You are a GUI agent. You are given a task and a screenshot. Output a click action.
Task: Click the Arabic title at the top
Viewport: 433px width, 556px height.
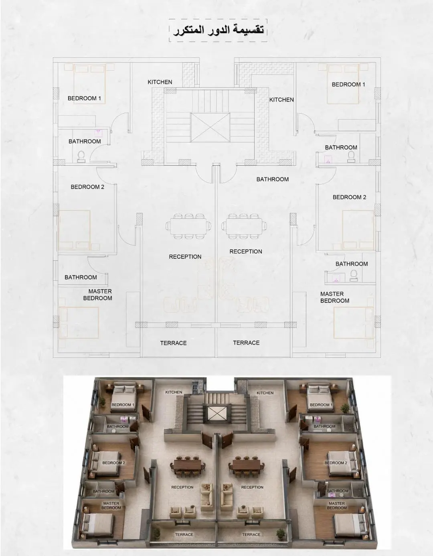pos(218,30)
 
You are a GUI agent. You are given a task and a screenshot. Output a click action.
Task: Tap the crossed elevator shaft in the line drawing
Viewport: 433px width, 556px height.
pos(210,127)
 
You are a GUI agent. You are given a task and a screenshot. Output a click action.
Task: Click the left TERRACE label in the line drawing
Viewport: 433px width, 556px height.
pos(173,343)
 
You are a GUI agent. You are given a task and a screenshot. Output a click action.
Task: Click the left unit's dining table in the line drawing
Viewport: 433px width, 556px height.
pos(189,226)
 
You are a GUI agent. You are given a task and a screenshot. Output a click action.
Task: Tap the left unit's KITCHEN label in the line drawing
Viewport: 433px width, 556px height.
pos(160,82)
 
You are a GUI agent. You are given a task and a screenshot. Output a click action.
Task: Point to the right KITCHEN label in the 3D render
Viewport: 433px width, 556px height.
pos(265,393)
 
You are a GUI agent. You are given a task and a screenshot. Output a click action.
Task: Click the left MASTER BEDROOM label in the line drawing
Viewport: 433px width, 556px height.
pos(98,294)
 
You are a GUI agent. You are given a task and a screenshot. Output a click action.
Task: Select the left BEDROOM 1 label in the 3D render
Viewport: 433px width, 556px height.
pos(123,405)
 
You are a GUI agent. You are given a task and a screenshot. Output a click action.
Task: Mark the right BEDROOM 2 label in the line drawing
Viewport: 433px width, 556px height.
pos(349,197)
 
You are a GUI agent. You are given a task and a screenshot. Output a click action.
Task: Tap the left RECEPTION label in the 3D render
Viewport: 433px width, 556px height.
pos(182,487)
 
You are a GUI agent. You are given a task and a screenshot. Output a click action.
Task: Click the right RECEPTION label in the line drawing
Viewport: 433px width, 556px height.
pos(246,252)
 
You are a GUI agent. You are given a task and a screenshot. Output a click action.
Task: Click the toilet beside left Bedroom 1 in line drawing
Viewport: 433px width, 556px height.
pos(81,156)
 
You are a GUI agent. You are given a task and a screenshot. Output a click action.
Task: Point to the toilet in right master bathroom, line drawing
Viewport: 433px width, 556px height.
pos(354,276)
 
